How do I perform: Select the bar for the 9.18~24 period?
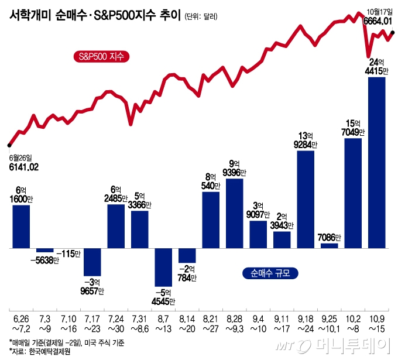pos(306,200)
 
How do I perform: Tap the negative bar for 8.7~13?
pos(163,267)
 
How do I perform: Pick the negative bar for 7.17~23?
pos(92,262)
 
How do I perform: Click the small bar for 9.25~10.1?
pos(329,246)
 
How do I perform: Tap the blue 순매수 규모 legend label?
pos(270,272)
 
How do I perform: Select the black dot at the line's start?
pos(9,145)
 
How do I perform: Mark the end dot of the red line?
pos(393,33)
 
